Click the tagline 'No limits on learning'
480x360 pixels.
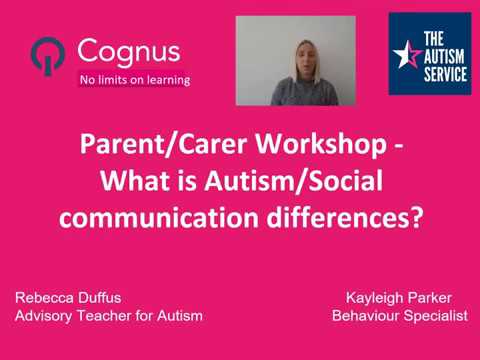[x=134, y=79]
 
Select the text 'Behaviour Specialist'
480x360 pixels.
[x=399, y=315]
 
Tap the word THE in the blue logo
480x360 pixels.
[x=440, y=37]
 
